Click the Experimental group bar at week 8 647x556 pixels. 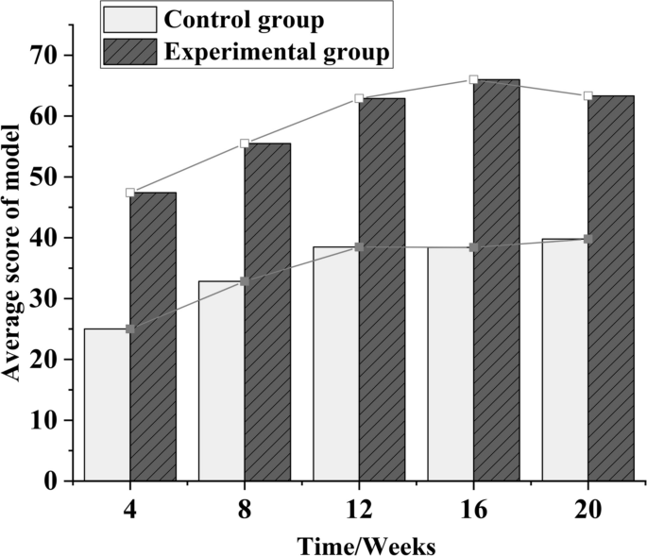[x=267, y=312]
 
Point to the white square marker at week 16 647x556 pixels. [x=473, y=80]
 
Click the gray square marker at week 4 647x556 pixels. [x=130, y=329]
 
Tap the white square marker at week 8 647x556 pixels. [x=245, y=143]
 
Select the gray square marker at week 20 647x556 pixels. [x=587, y=240]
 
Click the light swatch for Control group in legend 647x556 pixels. [x=130, y=19]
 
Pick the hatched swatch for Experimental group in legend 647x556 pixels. [x=130, y=52]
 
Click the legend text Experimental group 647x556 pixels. [x=276, y=52]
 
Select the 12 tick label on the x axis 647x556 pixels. [x=359, y=510]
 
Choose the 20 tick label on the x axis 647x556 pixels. [x=587, y=510]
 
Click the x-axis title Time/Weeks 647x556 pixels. [x=366, y=545]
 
